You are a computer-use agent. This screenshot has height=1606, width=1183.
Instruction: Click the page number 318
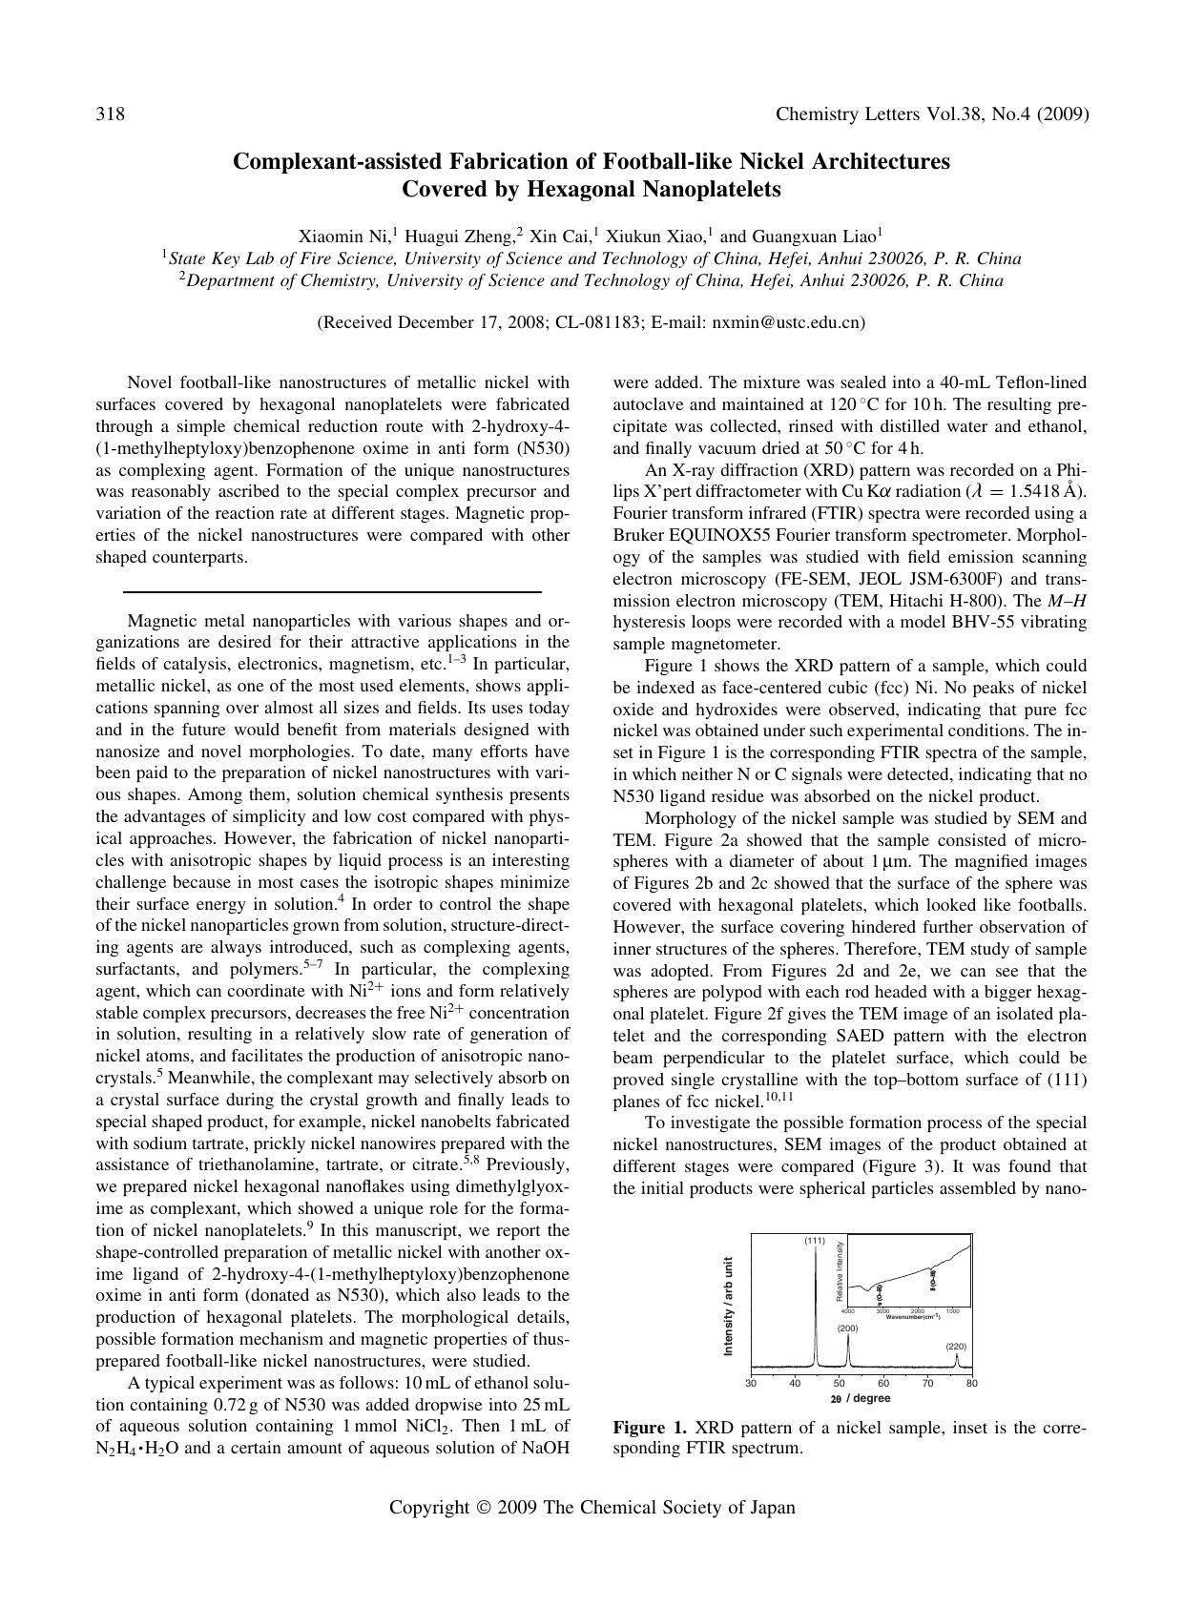pyautogui.click(x=111, y=114)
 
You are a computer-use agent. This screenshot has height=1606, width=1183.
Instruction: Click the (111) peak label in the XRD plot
pyautogui.click(x=814, y=1241)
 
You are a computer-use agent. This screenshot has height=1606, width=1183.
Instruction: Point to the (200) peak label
pyautogui.click(x=847, y=1328)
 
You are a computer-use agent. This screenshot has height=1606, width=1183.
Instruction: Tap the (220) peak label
pyautogui.click(x=956, y=1346)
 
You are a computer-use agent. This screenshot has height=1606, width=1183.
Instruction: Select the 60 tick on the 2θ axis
pyautogui.click(x=883, y=1384)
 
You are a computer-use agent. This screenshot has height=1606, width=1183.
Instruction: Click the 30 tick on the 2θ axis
pyautogui.click(x=751, y=1384)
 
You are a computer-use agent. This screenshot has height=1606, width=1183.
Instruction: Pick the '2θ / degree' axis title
pyautogui.click(x=860, y=1398)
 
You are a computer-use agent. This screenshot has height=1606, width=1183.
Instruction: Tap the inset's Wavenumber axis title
pyautogui.click(x=912, y=1317)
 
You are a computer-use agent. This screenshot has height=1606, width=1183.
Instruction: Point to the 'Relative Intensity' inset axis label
pyautogui.click(x=841, y=1271)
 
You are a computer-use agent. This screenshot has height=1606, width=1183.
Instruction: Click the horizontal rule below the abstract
pyautogui.click(x=332, y=592)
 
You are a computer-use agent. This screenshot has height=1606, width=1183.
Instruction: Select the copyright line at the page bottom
pyautogui.click(x=591, y=1508)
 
